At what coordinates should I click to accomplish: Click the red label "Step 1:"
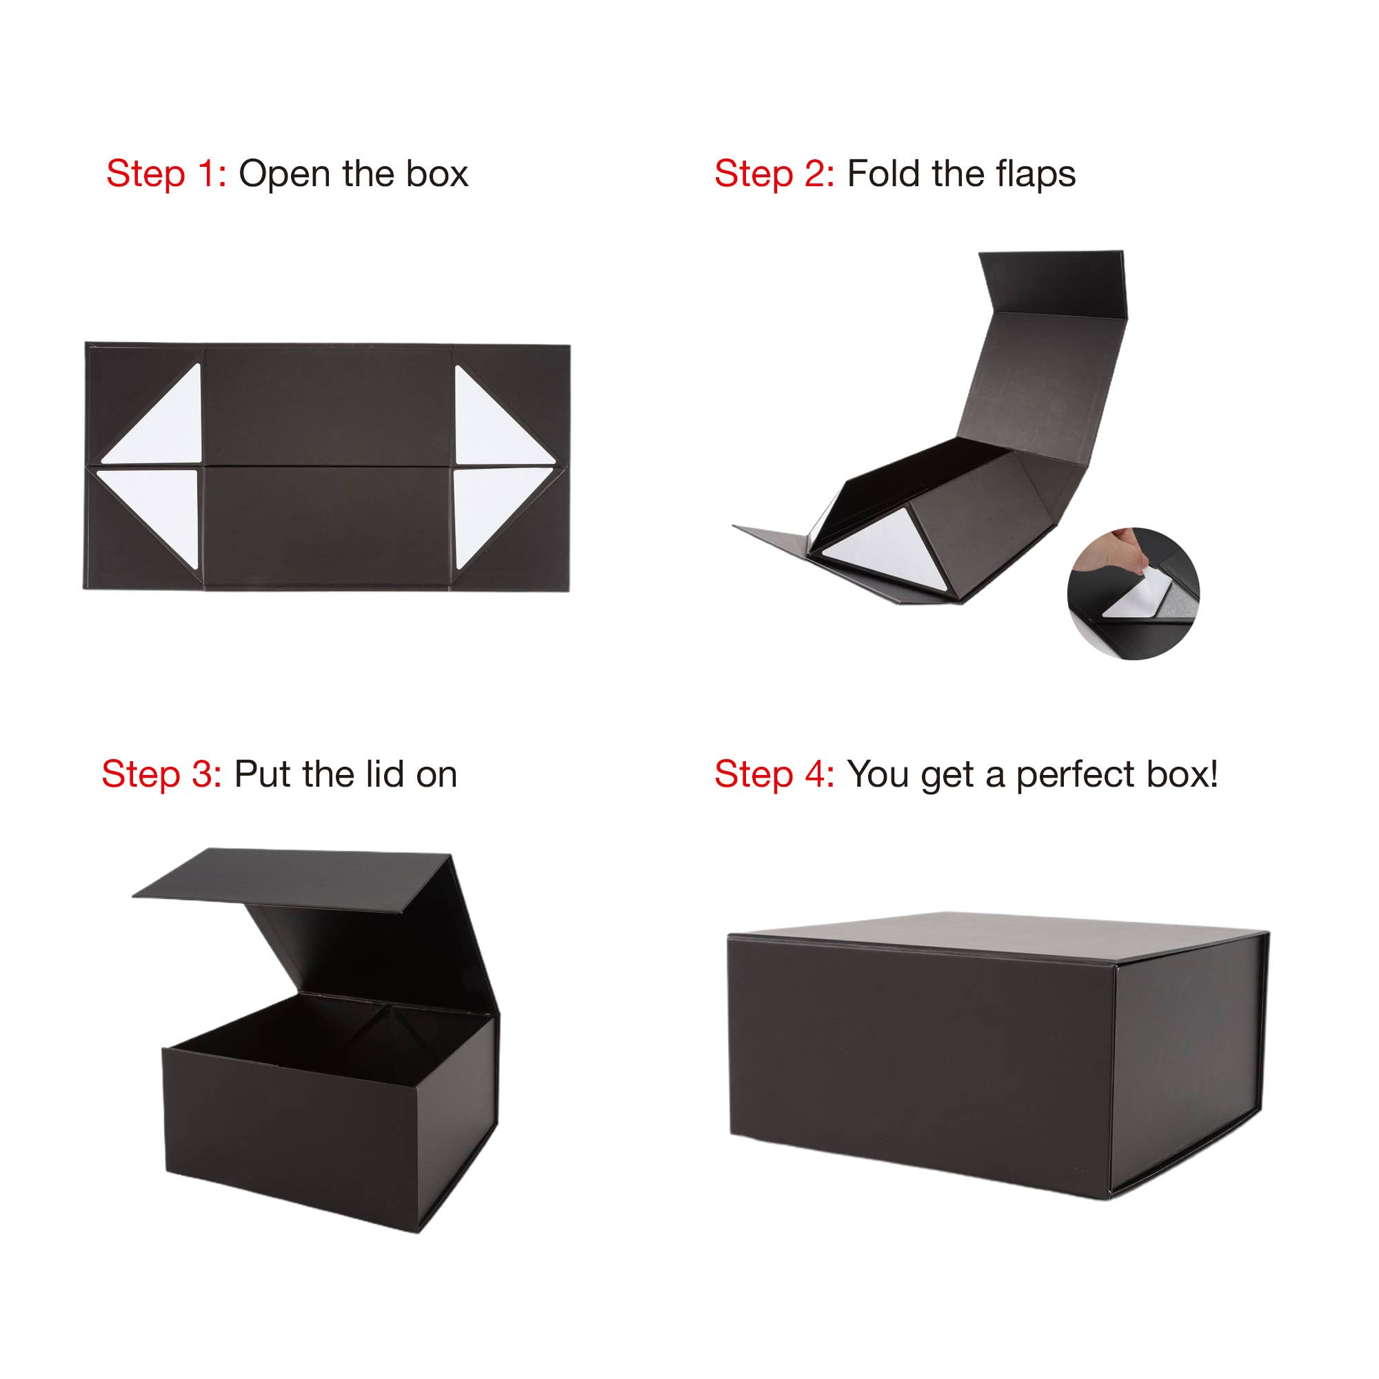[x=166, y=174]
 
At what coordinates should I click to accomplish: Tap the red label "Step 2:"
[x=774, y=174]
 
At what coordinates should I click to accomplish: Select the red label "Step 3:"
[x=162, y=775]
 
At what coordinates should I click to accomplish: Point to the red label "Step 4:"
[x=774, y=775]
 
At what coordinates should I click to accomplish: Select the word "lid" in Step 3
[x=385, y=774]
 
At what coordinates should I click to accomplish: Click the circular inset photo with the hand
[x=1134, y=593]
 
